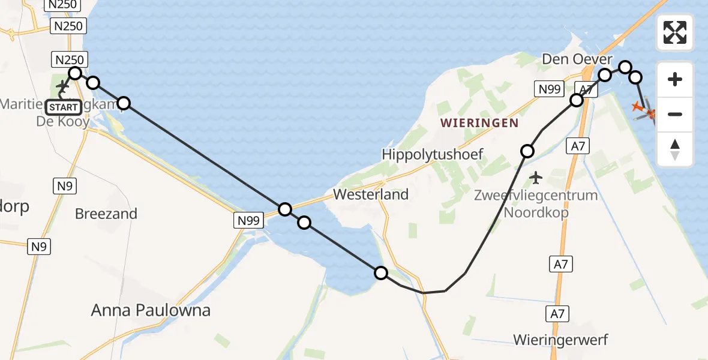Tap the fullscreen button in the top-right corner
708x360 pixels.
point(675,32)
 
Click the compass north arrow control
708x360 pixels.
point(675,149)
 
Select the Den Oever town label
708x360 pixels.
point(577,59)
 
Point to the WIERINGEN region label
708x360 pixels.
point(479,123)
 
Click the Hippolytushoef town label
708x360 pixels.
point(433,155)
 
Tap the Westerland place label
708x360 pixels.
point(371,194)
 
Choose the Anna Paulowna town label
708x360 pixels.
point(151,310)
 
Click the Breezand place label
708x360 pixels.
point(106,214)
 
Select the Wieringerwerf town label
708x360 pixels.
point(560,340)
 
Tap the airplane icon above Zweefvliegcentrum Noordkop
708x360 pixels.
point(536,178)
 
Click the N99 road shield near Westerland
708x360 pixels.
point(248,221)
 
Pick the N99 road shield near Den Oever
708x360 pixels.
point(548,89)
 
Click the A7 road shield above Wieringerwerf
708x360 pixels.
point(558,313)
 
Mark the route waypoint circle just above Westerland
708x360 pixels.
point(286,209)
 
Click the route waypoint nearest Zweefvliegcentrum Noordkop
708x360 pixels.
point(527,151)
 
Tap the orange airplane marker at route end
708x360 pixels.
point(638,107)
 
